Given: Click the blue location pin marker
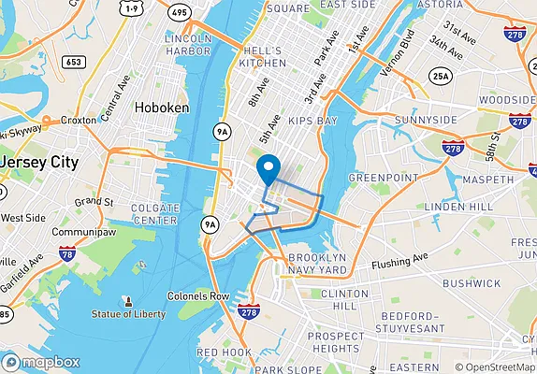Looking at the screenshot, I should (x=269, y=169).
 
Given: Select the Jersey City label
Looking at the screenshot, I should (x=39, y=162).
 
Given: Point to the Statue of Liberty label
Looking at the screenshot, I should (x=128, y=313).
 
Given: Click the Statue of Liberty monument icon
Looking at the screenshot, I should (x=128, y=300).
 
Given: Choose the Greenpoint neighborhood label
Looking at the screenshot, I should (x=381, y=177).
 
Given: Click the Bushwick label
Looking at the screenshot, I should (x=472, y=282).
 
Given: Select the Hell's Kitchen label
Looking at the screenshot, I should (x=262, y=55).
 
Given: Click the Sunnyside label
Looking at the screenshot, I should (x=398, y=121).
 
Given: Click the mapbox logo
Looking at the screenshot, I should (x=41, y=362).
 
